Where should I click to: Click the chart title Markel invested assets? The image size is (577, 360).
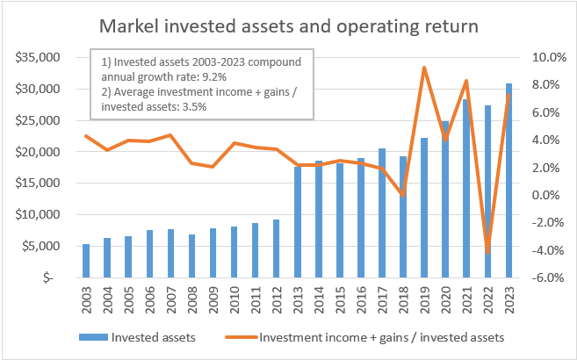[289, 25]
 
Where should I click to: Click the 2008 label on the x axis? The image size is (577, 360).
[191, 299]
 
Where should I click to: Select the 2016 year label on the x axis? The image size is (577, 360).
[360, 299]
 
